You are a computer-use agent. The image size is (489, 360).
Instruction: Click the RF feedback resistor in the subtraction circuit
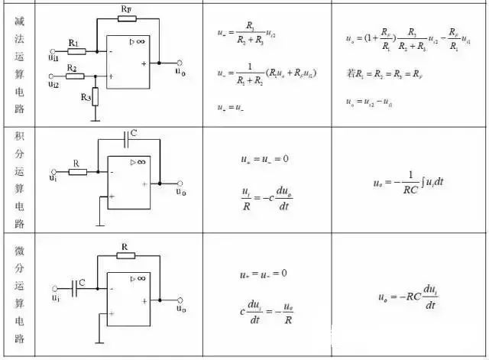point(127,18)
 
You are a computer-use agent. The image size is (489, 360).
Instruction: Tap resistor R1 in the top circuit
point(76,51)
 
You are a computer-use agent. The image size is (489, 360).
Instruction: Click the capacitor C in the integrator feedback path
point(126,140)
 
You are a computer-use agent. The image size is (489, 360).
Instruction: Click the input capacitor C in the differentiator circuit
point(76,287)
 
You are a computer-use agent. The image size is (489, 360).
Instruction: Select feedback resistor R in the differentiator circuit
point(125,258)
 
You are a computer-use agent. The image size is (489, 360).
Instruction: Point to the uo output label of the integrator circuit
point(180,192)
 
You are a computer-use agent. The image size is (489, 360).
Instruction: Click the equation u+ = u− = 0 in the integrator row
point(264,160)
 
